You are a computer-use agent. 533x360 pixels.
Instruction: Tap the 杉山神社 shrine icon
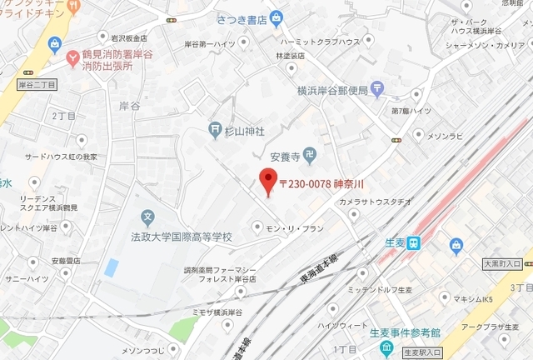coord(215,131)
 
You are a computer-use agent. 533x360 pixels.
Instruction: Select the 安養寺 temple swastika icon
coord(310,154)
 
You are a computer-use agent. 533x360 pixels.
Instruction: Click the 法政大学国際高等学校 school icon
coord(148,219)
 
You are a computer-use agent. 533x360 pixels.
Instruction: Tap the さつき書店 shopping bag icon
coord(277,17)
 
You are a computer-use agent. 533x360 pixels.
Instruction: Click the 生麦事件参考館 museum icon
coord(386,347)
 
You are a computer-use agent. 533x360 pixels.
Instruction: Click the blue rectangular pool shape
coord(111,268)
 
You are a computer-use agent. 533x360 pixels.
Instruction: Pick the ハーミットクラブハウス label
coord(320,42)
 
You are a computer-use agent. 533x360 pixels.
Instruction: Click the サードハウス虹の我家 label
coord(61,157)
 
